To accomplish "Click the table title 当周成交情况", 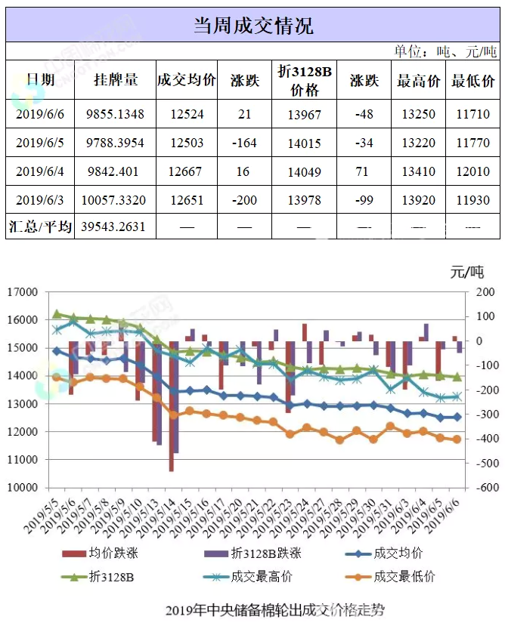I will coord(253,26).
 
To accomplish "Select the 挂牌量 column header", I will coord(116,79).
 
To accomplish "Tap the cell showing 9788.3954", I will coord(116,143).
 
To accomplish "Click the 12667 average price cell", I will coord(186,171).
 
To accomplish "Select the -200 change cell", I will coord(243,200).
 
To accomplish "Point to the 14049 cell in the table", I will coord(305,171).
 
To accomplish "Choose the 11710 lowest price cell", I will coord(473,114).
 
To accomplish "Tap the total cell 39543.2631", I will coord(116,227).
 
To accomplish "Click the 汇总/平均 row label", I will coord(40,227).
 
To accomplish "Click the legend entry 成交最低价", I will coord(404,577).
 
